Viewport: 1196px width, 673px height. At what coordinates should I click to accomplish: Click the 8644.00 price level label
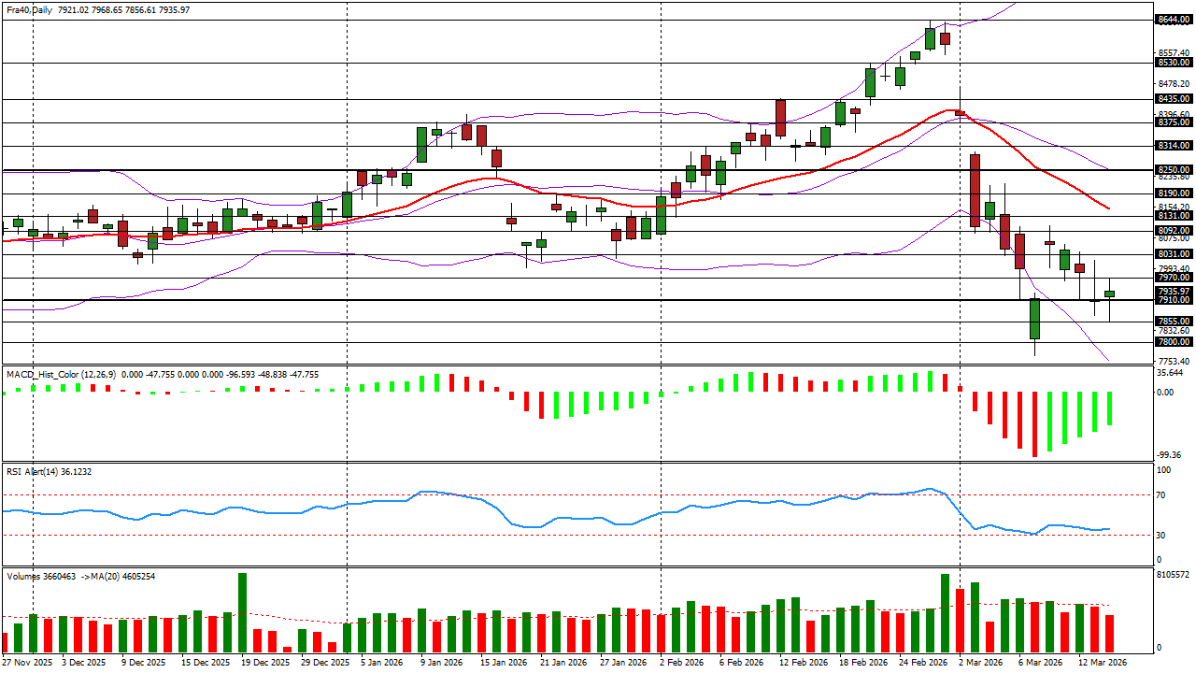coord(1174,20)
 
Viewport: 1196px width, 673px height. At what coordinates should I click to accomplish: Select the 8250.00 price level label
coord(1174,170)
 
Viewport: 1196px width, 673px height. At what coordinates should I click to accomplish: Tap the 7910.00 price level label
coord(1174,300)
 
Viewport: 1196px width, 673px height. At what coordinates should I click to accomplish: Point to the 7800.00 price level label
coord(1174,342)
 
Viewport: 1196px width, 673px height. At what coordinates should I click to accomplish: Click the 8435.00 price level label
coord(1174,99)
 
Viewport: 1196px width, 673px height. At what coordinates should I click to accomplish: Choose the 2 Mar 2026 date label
coord(981,663)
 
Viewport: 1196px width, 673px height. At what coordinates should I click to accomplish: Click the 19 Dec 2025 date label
coord(265,663)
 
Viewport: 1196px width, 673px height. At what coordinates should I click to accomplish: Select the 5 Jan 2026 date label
coord(381,663)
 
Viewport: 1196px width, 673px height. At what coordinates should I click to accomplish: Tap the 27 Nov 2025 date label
coord(28,663)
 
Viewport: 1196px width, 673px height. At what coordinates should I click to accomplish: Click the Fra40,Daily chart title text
coord(29,10)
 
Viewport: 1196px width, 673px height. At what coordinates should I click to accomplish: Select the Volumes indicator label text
coord(23,577)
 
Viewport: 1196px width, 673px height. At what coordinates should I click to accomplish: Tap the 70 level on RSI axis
coord(1160,495)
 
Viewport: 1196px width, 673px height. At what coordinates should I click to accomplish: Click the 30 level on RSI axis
coord(1160,536)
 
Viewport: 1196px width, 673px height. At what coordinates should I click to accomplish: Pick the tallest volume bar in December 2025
coord(242,612)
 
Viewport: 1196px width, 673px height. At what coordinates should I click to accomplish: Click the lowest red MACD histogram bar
coord(1034,424)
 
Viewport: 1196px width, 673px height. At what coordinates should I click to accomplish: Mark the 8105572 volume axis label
coord(1174,575)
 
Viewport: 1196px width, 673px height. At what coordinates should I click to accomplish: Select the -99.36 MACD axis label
coord(1169,455)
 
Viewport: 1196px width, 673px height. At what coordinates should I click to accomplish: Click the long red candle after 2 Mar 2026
coord(975,191)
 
